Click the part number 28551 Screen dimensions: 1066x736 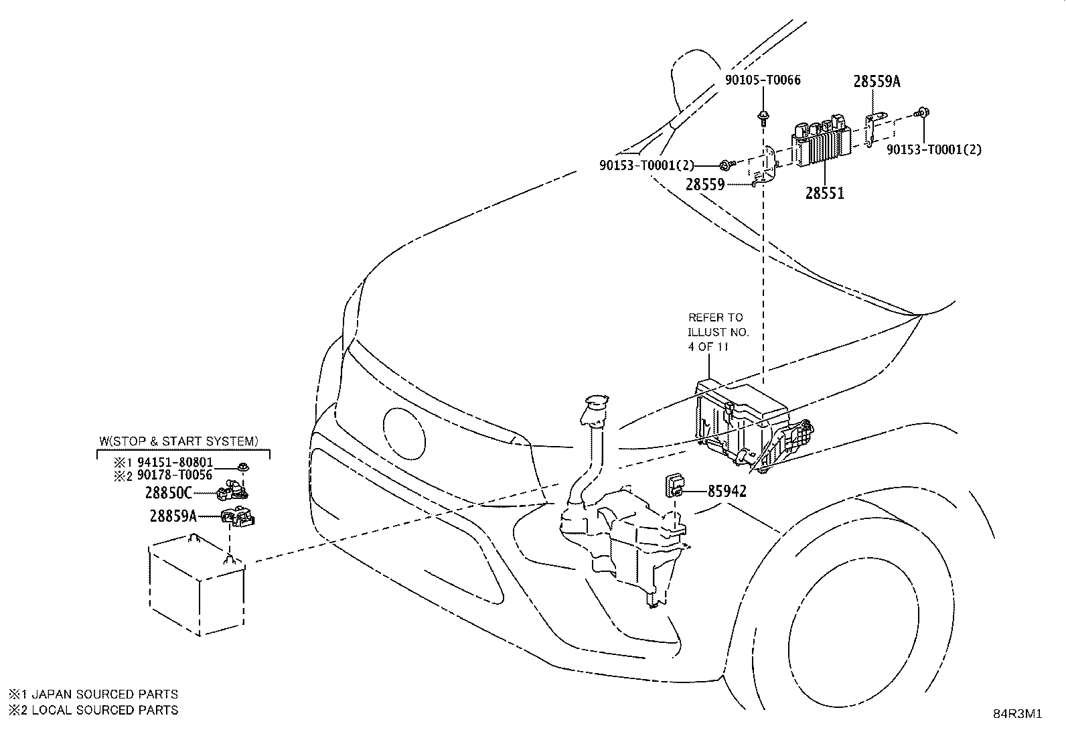824,193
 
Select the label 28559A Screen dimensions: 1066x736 877,82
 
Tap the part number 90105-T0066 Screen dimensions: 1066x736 763,80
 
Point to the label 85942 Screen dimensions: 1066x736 727,491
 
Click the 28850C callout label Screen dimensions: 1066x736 169,493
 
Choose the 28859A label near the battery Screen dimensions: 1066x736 173,516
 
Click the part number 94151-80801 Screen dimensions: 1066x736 175,462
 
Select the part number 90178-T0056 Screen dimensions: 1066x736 175,475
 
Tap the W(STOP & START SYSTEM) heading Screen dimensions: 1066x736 179,441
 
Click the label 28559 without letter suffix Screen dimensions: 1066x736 705,184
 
